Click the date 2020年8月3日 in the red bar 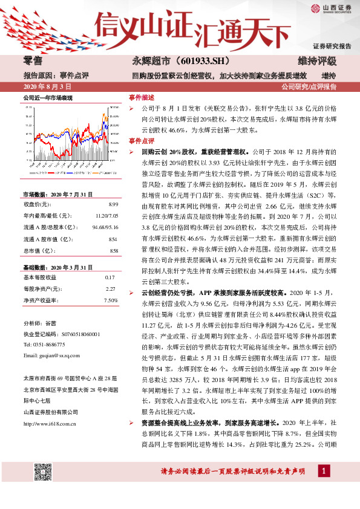(45, 87)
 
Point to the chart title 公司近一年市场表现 (48, 97)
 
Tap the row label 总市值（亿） (39, 250)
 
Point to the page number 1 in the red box (326, 487)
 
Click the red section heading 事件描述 (142, 97)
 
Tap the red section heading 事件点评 (142, 140)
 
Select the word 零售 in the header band (32, 62)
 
